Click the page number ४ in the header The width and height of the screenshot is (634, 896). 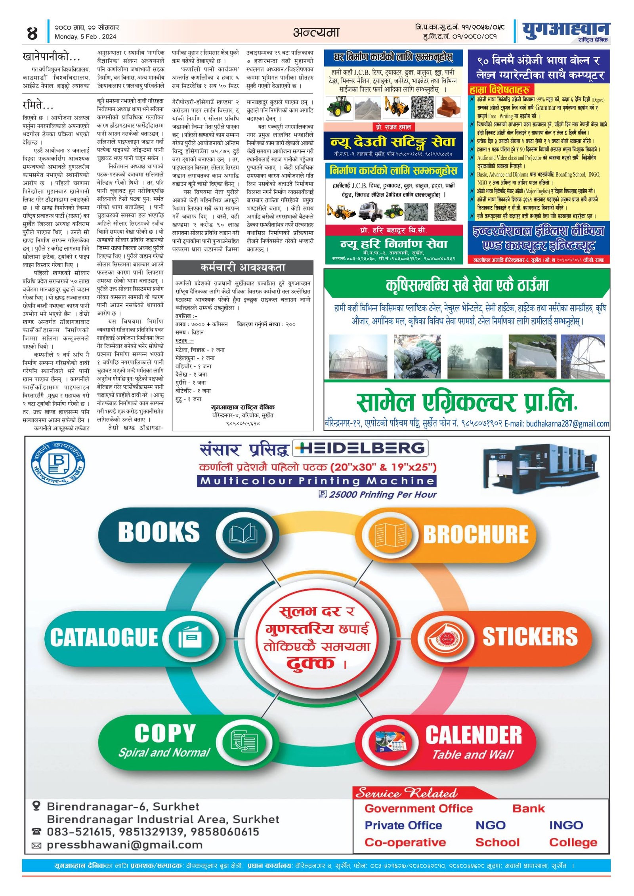click(x=32, y=33)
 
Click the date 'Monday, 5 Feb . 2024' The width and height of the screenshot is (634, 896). click(x=85, y=37)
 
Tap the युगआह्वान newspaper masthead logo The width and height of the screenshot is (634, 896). click(x=565, y=31)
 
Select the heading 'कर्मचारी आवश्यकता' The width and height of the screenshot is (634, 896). click(x=243, y=268)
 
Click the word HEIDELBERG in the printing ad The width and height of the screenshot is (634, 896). click(x=361, y=448)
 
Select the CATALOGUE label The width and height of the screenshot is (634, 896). click(x=104, y=637)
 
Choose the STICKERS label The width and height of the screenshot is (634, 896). click(x=530, y=636)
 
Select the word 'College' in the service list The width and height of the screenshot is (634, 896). click(x=573, y=842)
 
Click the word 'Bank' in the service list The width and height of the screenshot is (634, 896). click(x=528, y=808)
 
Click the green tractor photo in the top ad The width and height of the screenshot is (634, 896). click(x=339, y=107)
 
